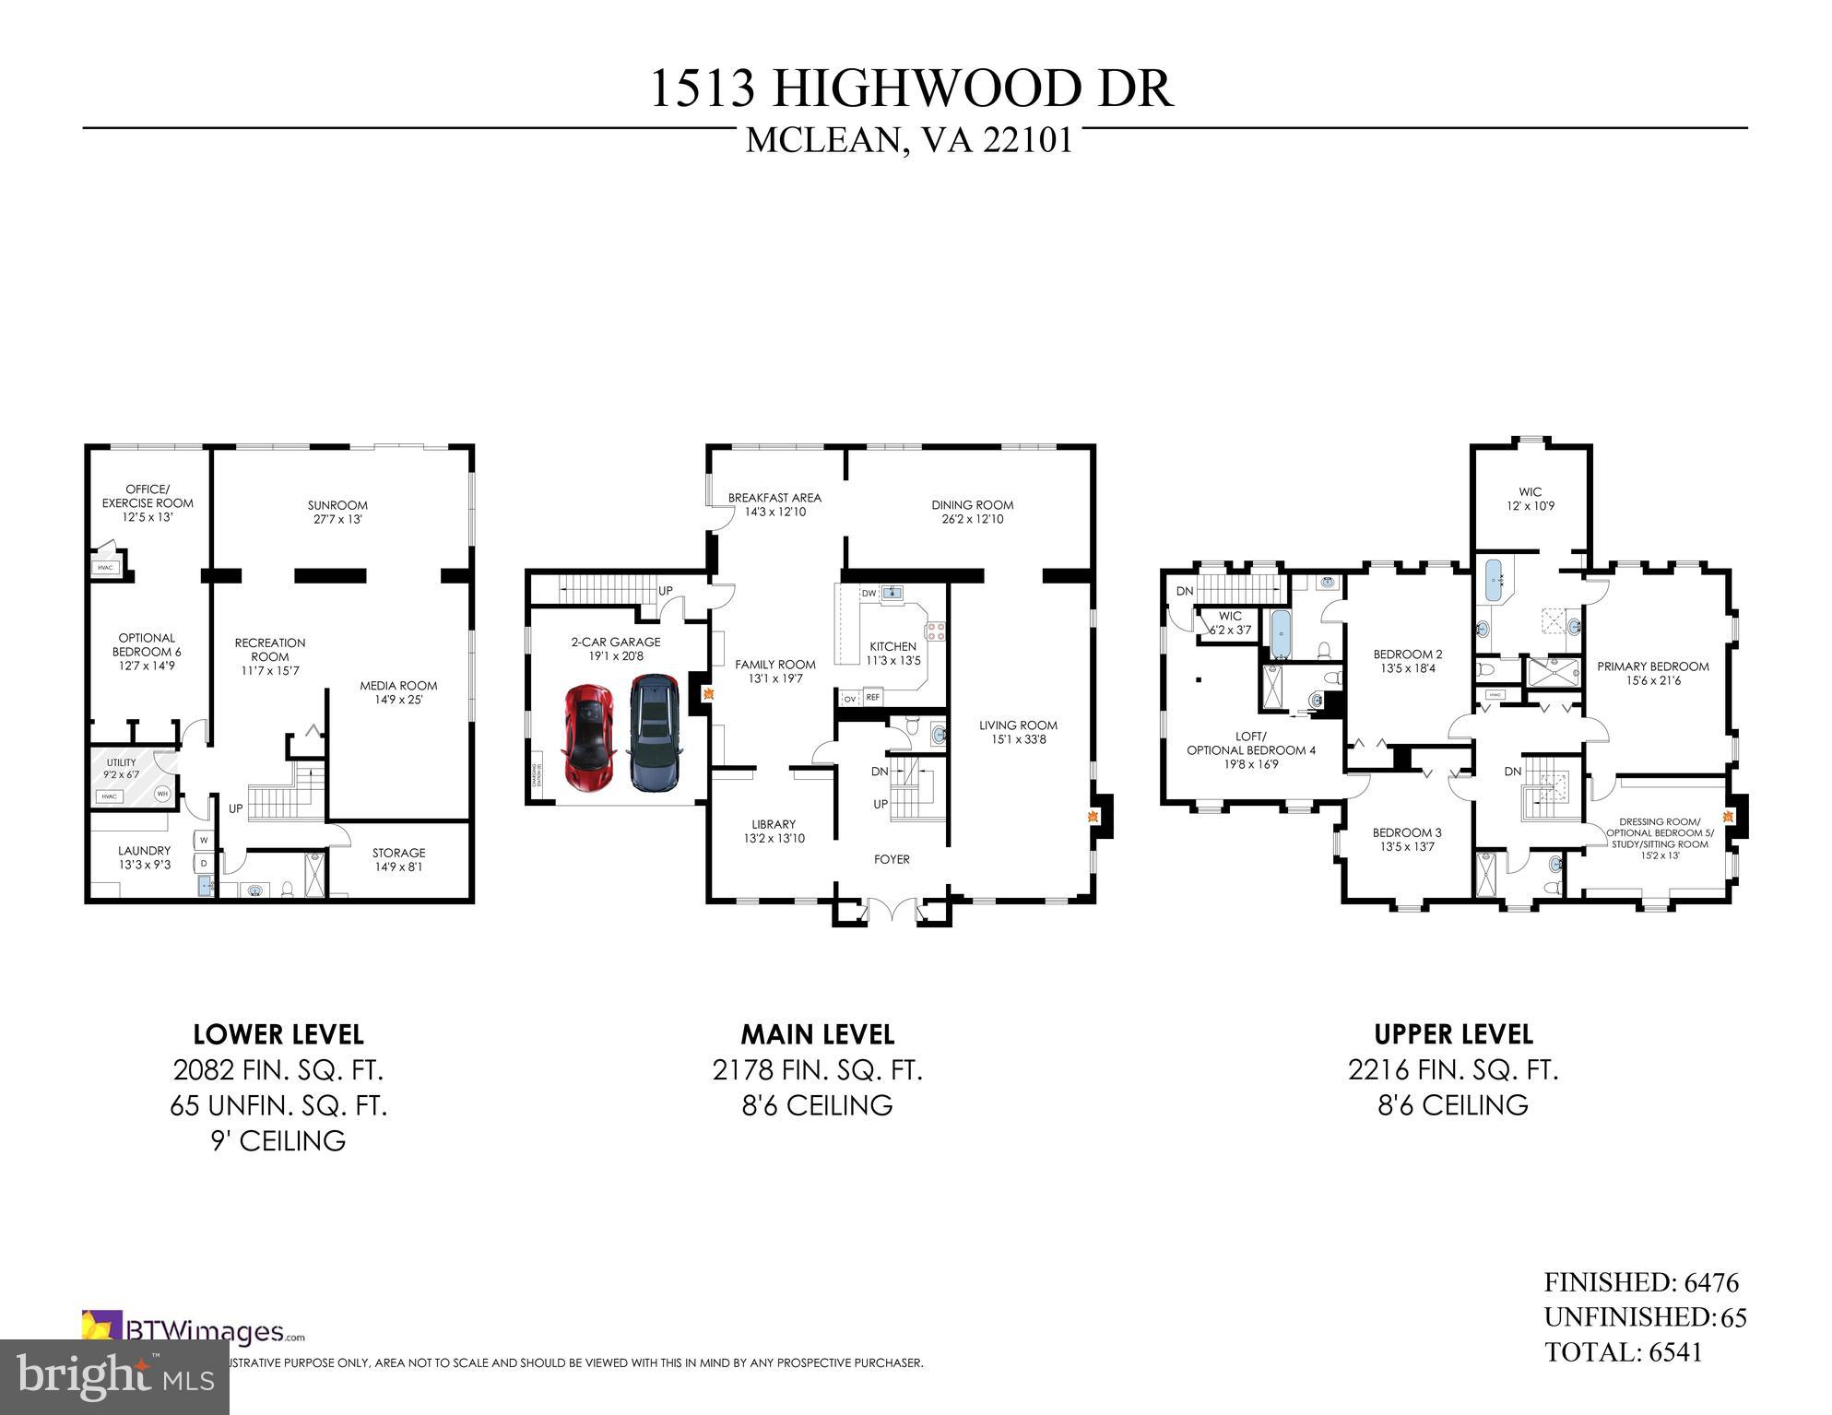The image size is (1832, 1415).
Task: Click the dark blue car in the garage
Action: pyautogui.click(x=654, y=732)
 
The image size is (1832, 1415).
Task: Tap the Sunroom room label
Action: pyautogui.click(x=337, y=505)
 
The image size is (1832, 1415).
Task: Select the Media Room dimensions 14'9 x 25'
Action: pyautogui.click(x=398, y=700)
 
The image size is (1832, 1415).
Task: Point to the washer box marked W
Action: pyautogui.click(x=202, y=841)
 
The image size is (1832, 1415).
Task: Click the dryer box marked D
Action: pyautogui.click(x=202, y=864)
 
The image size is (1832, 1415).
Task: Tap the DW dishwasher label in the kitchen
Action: pyautogui.click(x=869, y=594)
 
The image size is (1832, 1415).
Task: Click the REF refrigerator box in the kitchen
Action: pyautogui.click(x=872, y=698)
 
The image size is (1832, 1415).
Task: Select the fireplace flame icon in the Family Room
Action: pyautogui.click(x=708, y=694)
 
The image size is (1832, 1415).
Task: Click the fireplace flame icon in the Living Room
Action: pyautogui.click(x=1094, y=817)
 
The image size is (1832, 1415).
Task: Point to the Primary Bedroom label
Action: pyautogui.click(x=1652, y=666)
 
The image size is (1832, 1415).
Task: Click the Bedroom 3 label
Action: pyautogui.click(x=1406, y=832)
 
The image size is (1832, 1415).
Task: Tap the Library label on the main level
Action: pyautogui.click(x=774, y=824)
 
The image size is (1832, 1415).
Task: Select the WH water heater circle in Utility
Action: pyautogui.click(x=162, y=793)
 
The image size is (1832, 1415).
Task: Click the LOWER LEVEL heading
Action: pyautogui.click(x=278, y=1034)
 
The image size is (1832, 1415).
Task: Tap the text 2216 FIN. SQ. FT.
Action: pyautogui.click(x=1452, y=1070)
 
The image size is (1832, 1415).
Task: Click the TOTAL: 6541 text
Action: pyautogui.click(x=1623, y=1352)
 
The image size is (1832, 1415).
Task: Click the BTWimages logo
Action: pyautogui.click(x=194, y=1331)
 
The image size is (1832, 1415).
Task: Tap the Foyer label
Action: pyautogui.click(x=892, y=859)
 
